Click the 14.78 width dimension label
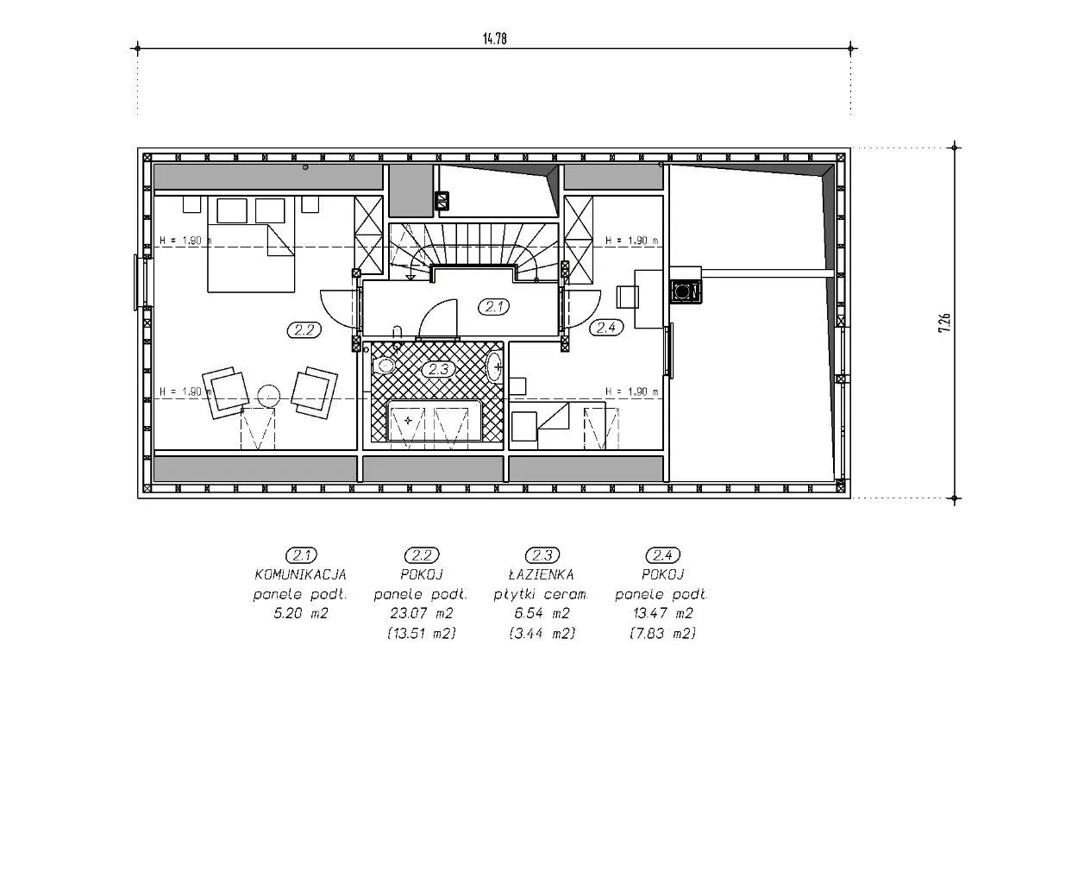tap(494, 39)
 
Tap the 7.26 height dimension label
tap(944, 323)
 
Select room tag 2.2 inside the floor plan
tap(304, 330)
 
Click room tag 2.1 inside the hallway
tap(494, 307)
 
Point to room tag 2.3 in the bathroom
tap(438, 369)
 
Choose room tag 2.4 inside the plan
tap(606, 327)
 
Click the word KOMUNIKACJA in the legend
tap(301, 575)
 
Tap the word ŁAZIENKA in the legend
tap(542, 574)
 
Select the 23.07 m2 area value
tap(422, 613)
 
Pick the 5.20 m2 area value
tap(301, 613)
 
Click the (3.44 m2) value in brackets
tap(542, 634)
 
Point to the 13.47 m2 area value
tap(663, 613)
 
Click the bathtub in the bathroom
tap(435, 421)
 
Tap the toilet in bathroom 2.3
tap(384, 366)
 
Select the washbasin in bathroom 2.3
tap(494, 366)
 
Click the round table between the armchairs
tap(268, 396)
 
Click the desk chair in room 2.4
tap(627, 297)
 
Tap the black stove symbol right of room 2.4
tap(686, 291)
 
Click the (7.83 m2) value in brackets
tap(663, 634)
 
